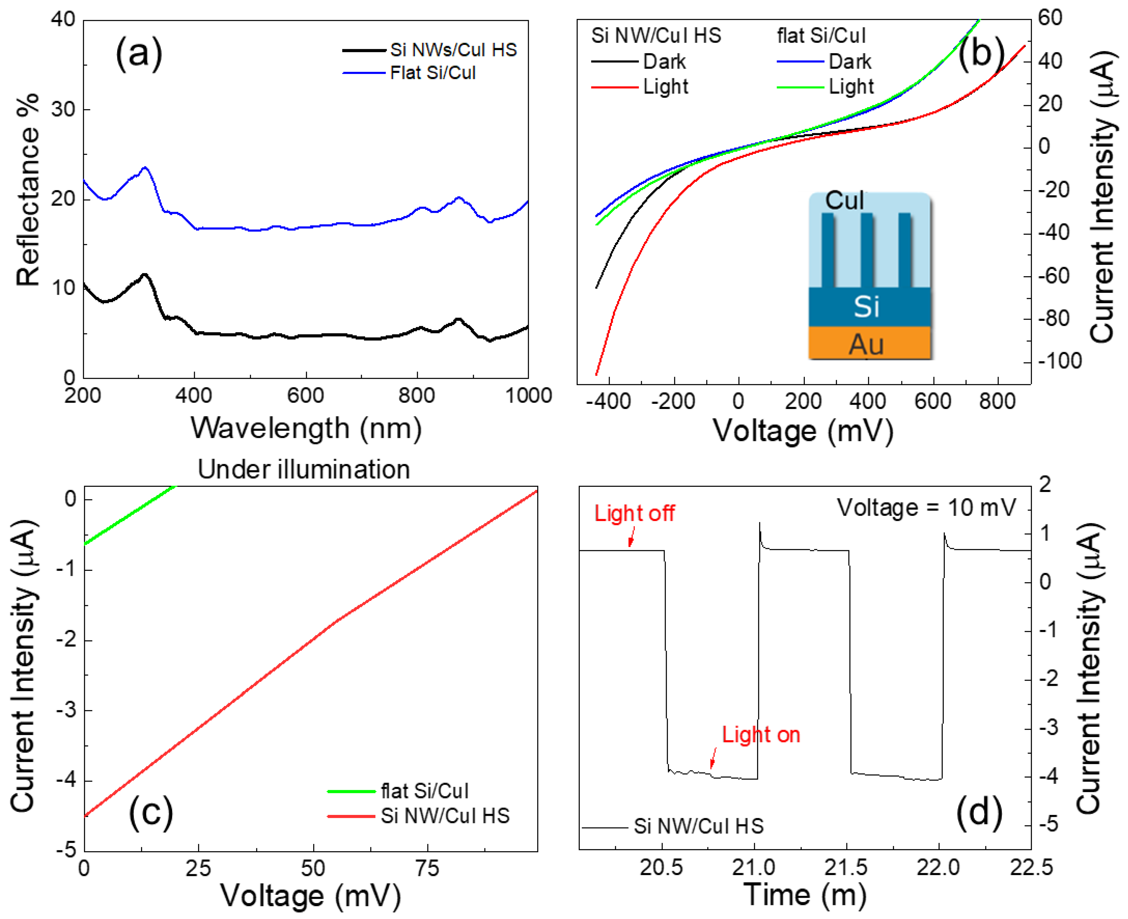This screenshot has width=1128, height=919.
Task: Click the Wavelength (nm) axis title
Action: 306,428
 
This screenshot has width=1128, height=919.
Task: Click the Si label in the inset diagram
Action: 866,306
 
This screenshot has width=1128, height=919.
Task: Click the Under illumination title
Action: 304,469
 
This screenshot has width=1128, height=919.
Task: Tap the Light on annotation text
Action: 760,735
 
